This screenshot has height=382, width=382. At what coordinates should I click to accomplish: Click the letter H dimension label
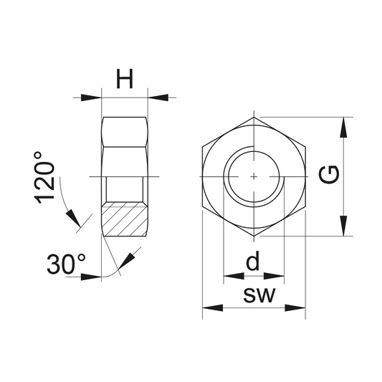(125, 78)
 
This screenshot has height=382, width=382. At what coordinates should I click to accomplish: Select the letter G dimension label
(329, 174)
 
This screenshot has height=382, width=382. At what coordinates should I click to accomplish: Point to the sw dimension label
(259, 295)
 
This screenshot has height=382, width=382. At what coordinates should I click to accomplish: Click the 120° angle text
(44, 178)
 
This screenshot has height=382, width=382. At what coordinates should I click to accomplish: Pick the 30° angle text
(66, 264)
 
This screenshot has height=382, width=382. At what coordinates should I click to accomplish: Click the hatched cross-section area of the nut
(125, 219)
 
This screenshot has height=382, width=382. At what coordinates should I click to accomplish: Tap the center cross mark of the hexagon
(254, 176)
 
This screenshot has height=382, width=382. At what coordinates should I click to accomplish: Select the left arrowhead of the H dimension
(91, 97)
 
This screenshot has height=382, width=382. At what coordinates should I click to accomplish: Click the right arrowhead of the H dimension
(158, 97)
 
